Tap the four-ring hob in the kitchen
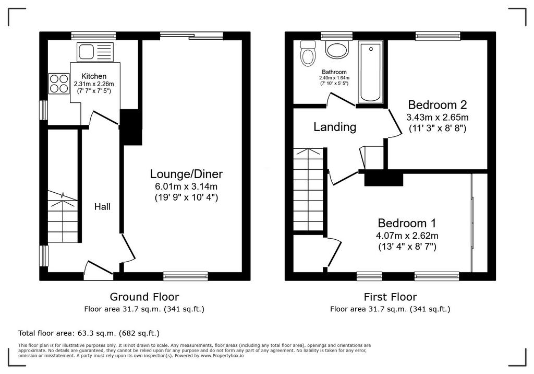(58, 84)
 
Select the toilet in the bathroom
(308, 54)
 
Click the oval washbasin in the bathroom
(337, 50)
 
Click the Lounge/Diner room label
(186, 174)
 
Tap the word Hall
(102, 206)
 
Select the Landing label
(335, 127)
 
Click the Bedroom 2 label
(438, 104)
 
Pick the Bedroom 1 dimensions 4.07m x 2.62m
(407, 236)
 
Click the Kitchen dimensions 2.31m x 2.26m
(94, 84)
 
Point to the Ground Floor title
(144, 297)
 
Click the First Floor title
(390, 297)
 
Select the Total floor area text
(89, 333)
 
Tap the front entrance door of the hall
(99, 267)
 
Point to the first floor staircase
(308, 190)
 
